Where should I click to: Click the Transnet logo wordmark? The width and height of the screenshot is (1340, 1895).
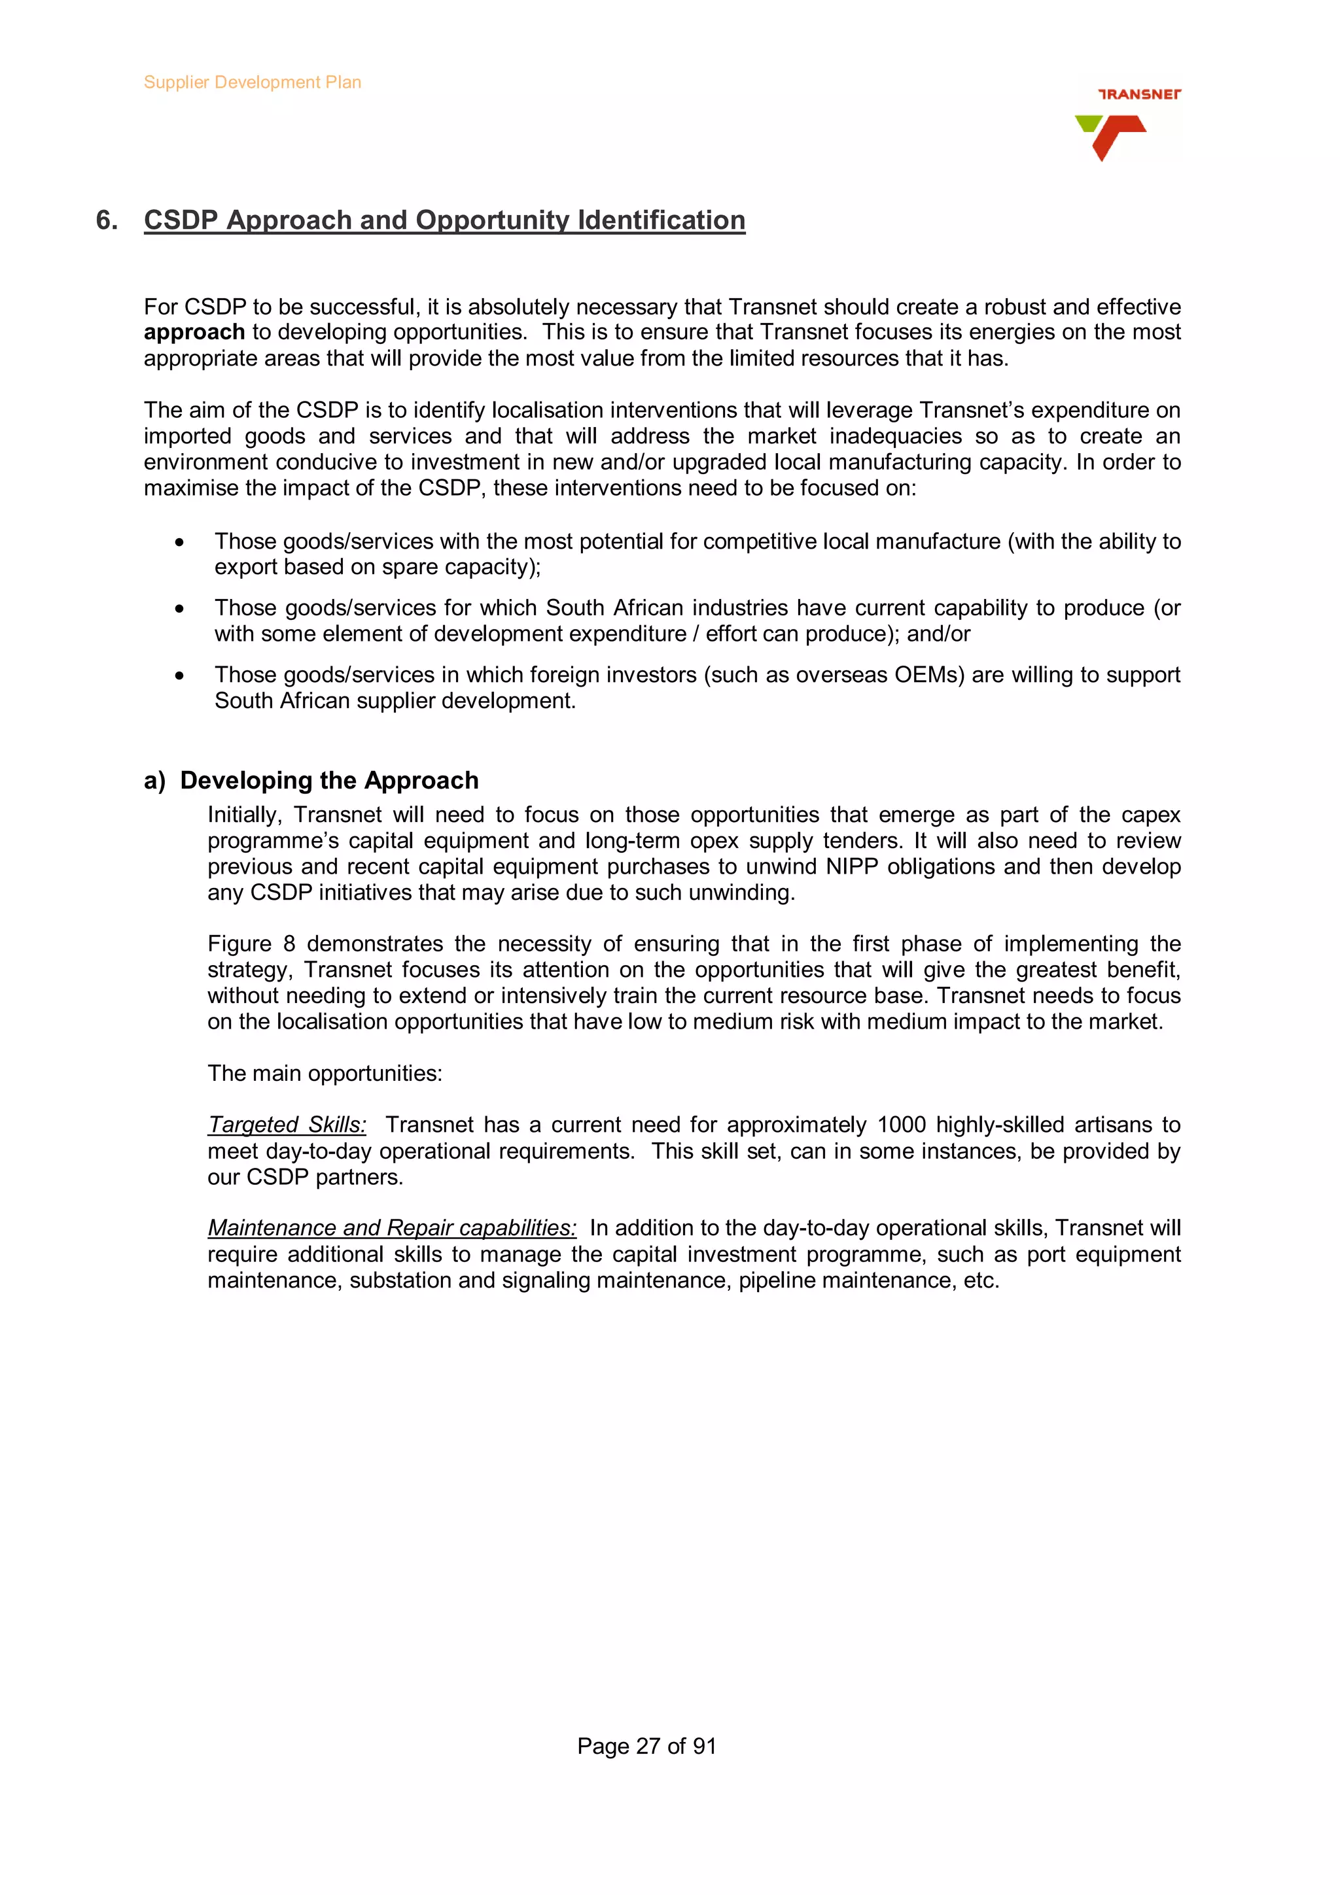tap(1138, 94)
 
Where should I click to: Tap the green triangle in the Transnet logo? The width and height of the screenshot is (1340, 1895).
tap(1087, 124)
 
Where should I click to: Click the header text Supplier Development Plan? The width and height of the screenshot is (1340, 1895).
tap(252, 82)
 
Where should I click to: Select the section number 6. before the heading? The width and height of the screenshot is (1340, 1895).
tap(107, 220)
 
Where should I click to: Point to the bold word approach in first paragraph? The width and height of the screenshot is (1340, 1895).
tap(194, 333)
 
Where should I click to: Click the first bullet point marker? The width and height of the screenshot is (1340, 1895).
tap(179, 542)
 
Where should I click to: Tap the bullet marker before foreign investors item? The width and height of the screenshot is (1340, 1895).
tap(179, 676)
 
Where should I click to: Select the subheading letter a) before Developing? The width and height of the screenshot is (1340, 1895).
tap(154, 781)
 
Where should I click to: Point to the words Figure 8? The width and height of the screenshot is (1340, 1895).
tap(251, 944)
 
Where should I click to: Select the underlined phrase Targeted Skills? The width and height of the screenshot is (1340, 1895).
tap(287, 1125)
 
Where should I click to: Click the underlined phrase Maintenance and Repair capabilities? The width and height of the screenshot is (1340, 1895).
tap(391, 1228)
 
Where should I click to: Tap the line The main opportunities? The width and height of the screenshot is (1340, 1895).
tap(325, 1074)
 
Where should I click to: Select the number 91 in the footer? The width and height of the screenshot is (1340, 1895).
tap(703, 1747)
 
